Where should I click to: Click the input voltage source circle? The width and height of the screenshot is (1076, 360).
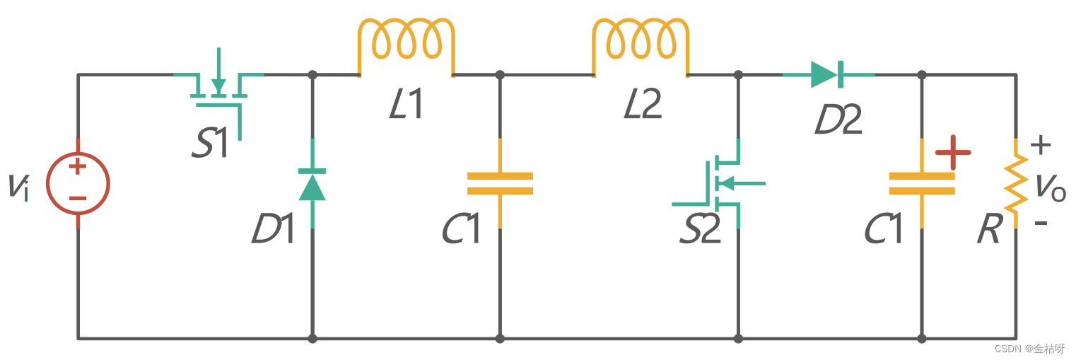[x=78, y=184]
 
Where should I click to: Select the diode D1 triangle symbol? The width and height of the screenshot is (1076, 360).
[x=312, y=185]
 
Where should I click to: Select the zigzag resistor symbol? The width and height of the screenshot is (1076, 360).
[x=1016, y=184]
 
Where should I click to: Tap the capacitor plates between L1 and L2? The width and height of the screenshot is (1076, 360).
[x=500, y=183]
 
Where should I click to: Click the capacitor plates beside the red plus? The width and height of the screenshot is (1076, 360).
[x=921, y=183]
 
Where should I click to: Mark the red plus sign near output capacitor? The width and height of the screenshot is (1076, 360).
[x=953, y=153]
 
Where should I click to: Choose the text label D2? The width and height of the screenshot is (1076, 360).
[x=838, y=121]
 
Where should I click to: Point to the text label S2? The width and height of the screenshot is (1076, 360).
[x=700, y=230]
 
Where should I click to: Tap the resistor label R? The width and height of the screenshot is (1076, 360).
[x=988, y=230]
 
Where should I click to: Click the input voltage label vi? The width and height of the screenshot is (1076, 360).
[x=19, y=187]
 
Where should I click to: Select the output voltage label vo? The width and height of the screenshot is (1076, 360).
[x=1051, y=187]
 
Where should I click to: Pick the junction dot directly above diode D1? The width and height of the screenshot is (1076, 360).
[x=312, y=74]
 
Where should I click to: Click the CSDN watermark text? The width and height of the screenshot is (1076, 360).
[x=1029, y=349]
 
